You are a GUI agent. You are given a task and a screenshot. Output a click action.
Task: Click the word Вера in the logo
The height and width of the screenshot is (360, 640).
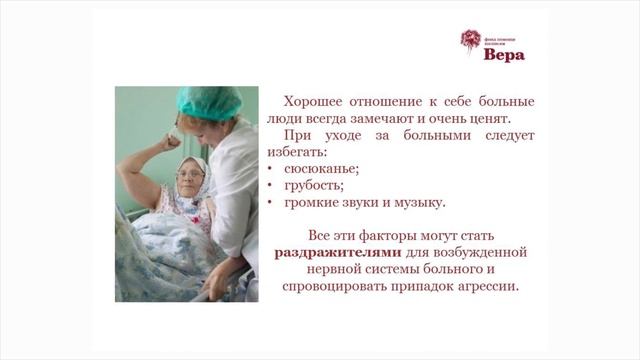pyautogui.click(x=503, y=55)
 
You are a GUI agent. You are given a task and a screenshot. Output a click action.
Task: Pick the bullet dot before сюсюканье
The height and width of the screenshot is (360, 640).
pyautogui.click(x=273, y=170)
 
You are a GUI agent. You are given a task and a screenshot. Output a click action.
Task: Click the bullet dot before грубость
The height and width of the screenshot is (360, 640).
pyautogui.click(x=273, y=187)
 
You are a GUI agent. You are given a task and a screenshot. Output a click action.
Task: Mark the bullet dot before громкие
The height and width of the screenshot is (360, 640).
pyautogui.click(x=273, y=204)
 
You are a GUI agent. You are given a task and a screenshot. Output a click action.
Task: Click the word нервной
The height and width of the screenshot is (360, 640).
pyautogui.click(x=342, y=269)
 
